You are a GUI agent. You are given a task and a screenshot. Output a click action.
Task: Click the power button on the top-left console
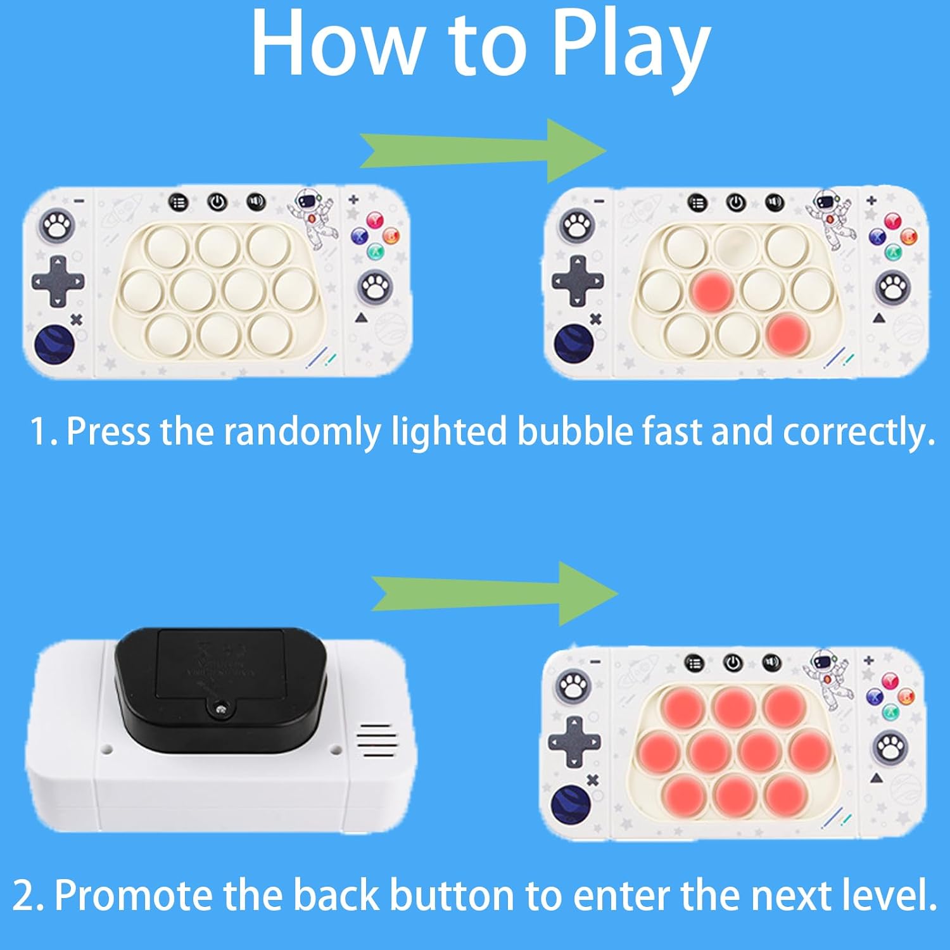click(x=217, y=203)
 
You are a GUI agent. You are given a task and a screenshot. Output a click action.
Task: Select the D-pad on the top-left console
click(x=58, y=281)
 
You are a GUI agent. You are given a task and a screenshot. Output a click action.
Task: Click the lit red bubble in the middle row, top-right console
click(x=712, y=291)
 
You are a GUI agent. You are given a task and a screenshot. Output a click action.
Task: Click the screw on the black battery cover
click(x=220, y=711)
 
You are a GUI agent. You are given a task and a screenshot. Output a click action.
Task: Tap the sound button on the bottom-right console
click(x=771, y=662)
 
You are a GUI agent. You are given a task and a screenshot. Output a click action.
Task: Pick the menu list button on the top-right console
click(x=697, y=203)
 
